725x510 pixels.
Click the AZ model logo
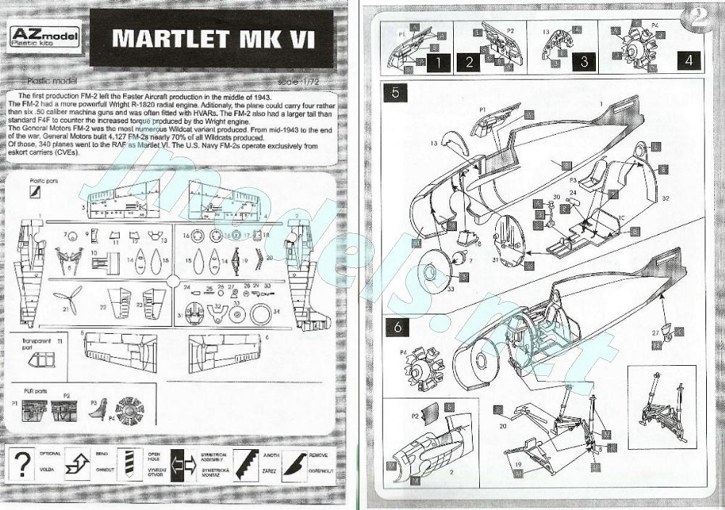pyautogui.click(x=46, y=36)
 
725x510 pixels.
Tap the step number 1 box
pyautogui.click(x=438, y=61)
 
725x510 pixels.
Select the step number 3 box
pyautogui.click(x=584, y=61)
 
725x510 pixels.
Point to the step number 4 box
pyautogui.click(x=688, y=61)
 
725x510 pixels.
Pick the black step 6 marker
pyautogui.click(x=397, y=326)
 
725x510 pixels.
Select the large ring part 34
pyautogui.click(x=260, y=314)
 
